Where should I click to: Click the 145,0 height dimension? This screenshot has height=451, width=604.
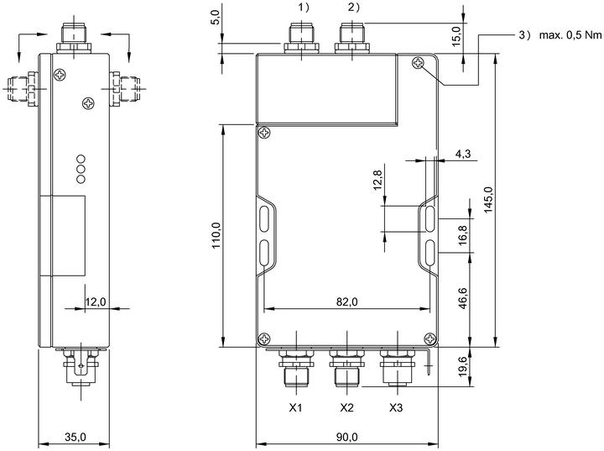[488, 199]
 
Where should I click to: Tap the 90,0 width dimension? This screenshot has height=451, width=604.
[346, 437]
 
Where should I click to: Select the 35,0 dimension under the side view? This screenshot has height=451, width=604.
[75, 437]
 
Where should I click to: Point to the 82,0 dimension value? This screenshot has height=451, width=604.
[346, 302]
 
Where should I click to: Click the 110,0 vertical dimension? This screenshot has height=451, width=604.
[216, 235]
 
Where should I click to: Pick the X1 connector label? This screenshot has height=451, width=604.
[295, 408]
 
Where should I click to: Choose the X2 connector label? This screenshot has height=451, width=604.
[346, 408]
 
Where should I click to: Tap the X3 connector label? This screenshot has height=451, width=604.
[396, 408]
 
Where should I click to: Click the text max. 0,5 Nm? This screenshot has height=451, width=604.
[570, 35]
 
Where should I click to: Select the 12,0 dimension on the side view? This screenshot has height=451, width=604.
[95, 302]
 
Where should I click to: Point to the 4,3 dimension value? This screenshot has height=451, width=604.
[462, 154]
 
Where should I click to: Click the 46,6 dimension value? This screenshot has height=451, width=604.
[463, 298]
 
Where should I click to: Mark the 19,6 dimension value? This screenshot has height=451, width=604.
[463, 366]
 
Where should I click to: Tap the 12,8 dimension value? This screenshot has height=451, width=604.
[377, 180]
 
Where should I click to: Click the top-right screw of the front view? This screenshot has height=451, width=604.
[418, 63]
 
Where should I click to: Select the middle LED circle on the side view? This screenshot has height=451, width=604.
[81, 169]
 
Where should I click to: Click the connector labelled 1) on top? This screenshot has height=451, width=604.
[301, 38]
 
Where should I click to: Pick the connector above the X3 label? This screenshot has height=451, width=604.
[397, 366]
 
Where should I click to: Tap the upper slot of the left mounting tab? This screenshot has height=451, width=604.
[264, 219]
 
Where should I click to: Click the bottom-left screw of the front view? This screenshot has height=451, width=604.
[264, 339]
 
